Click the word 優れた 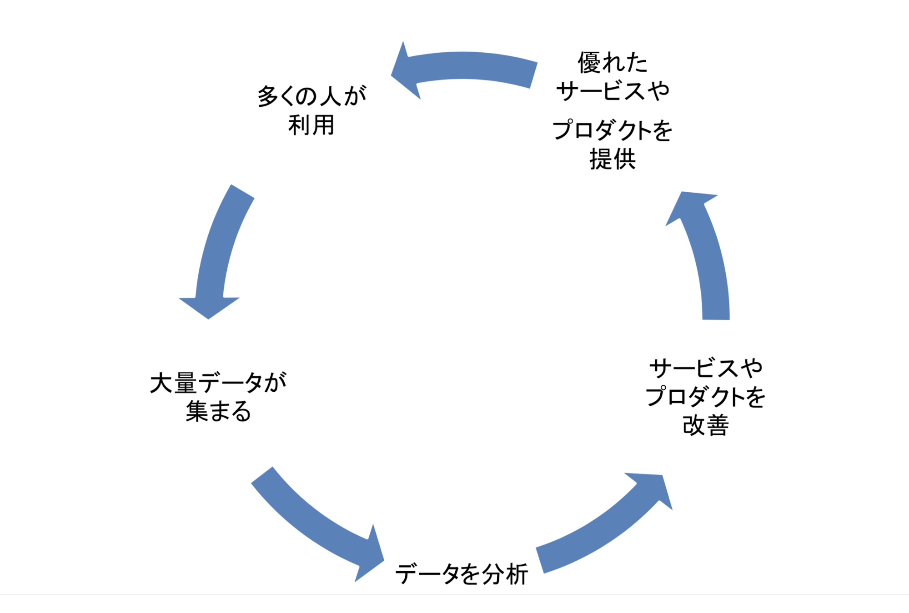612,62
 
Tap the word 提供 612,159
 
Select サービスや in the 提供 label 612,91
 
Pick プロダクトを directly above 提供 612,130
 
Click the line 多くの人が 312,96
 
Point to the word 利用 311,125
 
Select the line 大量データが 218,383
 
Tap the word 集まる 218,411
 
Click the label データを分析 461,574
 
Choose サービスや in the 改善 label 705,368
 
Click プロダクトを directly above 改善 705,397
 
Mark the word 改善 705,426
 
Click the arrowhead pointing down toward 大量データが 209,307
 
